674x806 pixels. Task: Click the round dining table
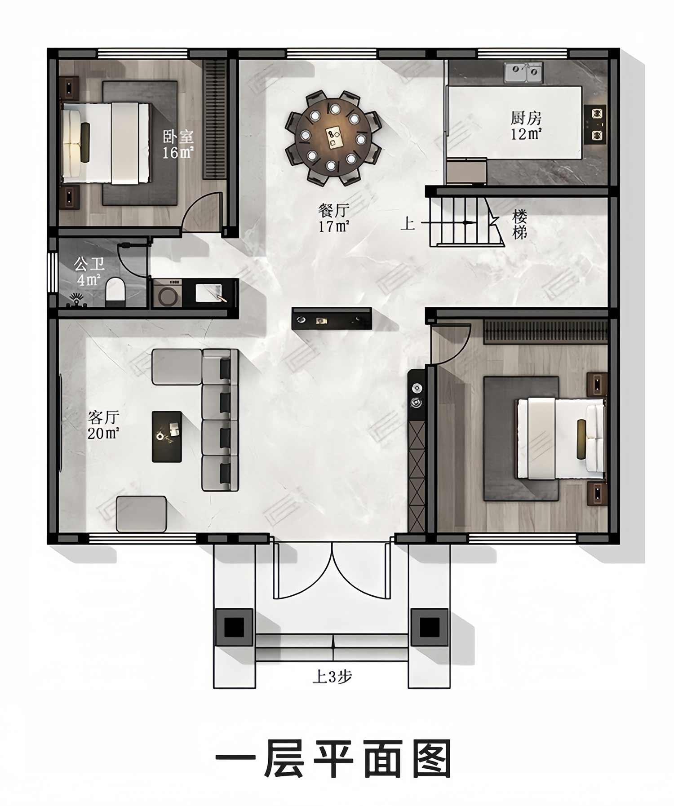pyautogui.click(x=333, y=137)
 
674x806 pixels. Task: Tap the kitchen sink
pyautogui.click(x=523, y=73)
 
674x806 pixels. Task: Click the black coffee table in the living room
pyautogui.click(x=167, y=437)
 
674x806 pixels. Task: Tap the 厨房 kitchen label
pyautogui.click(x=526, y=118)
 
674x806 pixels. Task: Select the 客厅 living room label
pyautogui.click(x=103, y=417)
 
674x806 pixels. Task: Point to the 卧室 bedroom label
pyautogui.click(x=178, y=137)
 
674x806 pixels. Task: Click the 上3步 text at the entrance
pyautogui.click(x=332, y=677)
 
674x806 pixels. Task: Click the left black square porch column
pyautogui.click(x=234, y=627)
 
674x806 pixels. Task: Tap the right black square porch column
pyautogui.click(x=430, y=627)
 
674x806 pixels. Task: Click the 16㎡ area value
pyautogui.click(x=178, y=153)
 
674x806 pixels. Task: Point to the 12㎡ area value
pyautogui.click(x=526, y=134)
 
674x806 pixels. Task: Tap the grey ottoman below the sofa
pyautogui.click(x=142, y=514)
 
